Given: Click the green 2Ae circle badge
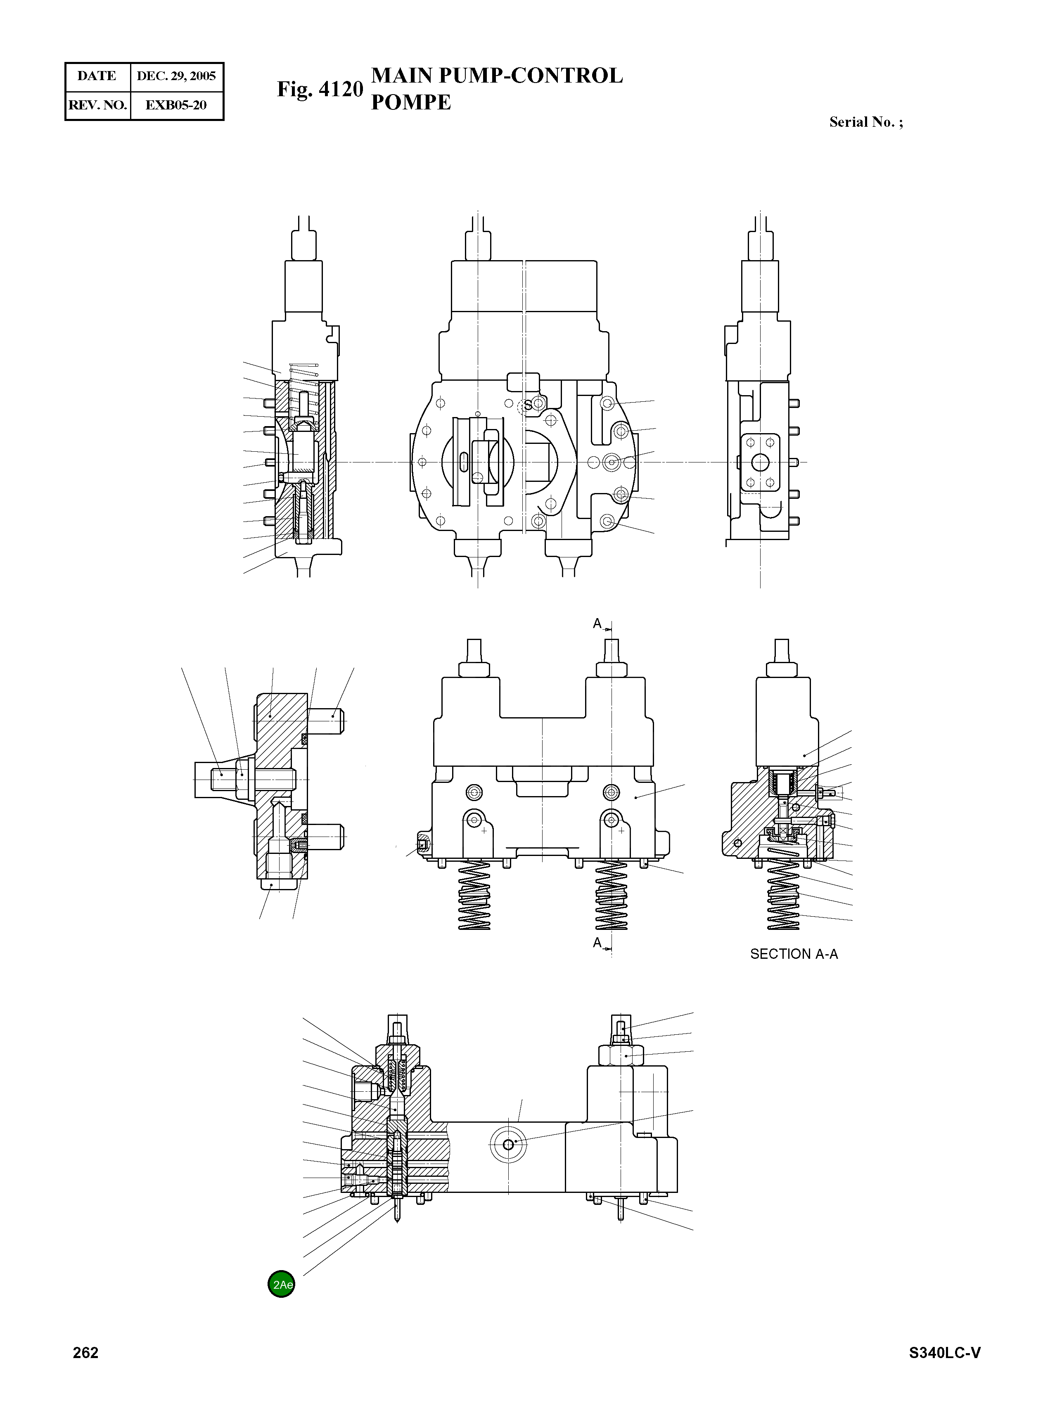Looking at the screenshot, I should (x=281, y=1284).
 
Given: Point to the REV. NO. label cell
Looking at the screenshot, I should (x=97, y=105).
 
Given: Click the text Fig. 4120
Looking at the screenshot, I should (x=320, y=89).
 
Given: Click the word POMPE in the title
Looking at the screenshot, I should (x=411, y=102).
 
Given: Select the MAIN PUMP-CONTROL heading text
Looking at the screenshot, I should (x=497, y=76).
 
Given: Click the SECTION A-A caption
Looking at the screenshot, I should (x=794, y=954).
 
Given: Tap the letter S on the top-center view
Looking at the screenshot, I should (x=528, y=406).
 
